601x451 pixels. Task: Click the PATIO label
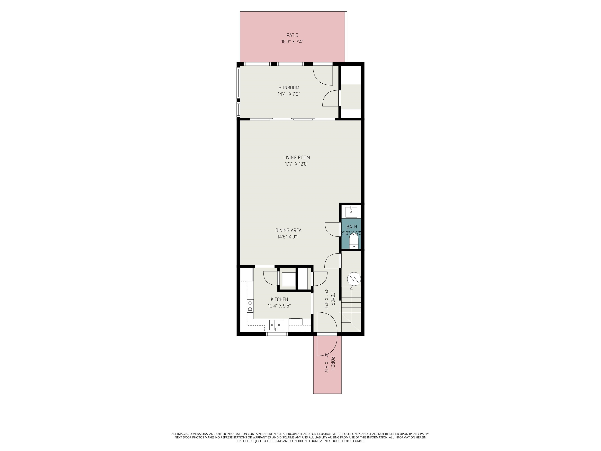pos(292,35)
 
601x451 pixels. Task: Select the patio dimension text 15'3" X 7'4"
pos(292,42)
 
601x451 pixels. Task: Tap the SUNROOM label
pos(289,87)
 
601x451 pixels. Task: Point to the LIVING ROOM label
pos(296,157)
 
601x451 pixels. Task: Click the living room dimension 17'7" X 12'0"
pos(296,164)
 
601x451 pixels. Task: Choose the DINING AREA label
pos(288,230)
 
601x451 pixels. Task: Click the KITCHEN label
pos(279,299)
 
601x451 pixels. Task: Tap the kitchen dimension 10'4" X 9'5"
pos(279,306)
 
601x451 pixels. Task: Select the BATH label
pos(352,227)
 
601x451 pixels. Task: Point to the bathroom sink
pos(351,211)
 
